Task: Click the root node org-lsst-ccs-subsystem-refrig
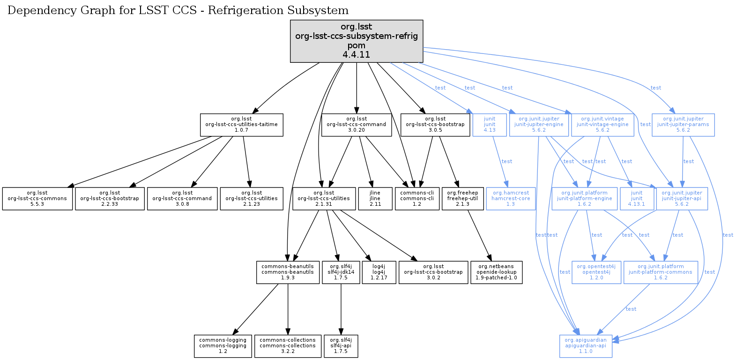(x=357, y=41)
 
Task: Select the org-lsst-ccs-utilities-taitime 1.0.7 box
(x=241, y=125)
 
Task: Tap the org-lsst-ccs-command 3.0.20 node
(x=357, y=125)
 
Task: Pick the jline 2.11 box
(x=375, y=199)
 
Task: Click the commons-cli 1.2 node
(x=417, y=199)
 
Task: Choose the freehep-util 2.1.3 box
(x=462, y=199)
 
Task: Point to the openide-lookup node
(x=496, y=272)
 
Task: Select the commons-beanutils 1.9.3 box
(x=288, y=272)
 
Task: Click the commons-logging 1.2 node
(x=223, y=346)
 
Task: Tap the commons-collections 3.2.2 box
(x=288, y=346)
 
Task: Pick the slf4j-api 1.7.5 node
(x=341, y=346)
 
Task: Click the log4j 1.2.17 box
(x=379, y=272)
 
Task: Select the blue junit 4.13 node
(x=490, y=125)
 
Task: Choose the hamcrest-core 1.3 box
(x=510, y=199)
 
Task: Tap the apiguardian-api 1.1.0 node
(x=586, y=346)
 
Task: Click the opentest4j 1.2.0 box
(x=596, y=272)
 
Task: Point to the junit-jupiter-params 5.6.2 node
(x=683, y=125)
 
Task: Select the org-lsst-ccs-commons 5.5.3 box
(x=37, y=199)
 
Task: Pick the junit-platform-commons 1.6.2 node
(x=661, y=272)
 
